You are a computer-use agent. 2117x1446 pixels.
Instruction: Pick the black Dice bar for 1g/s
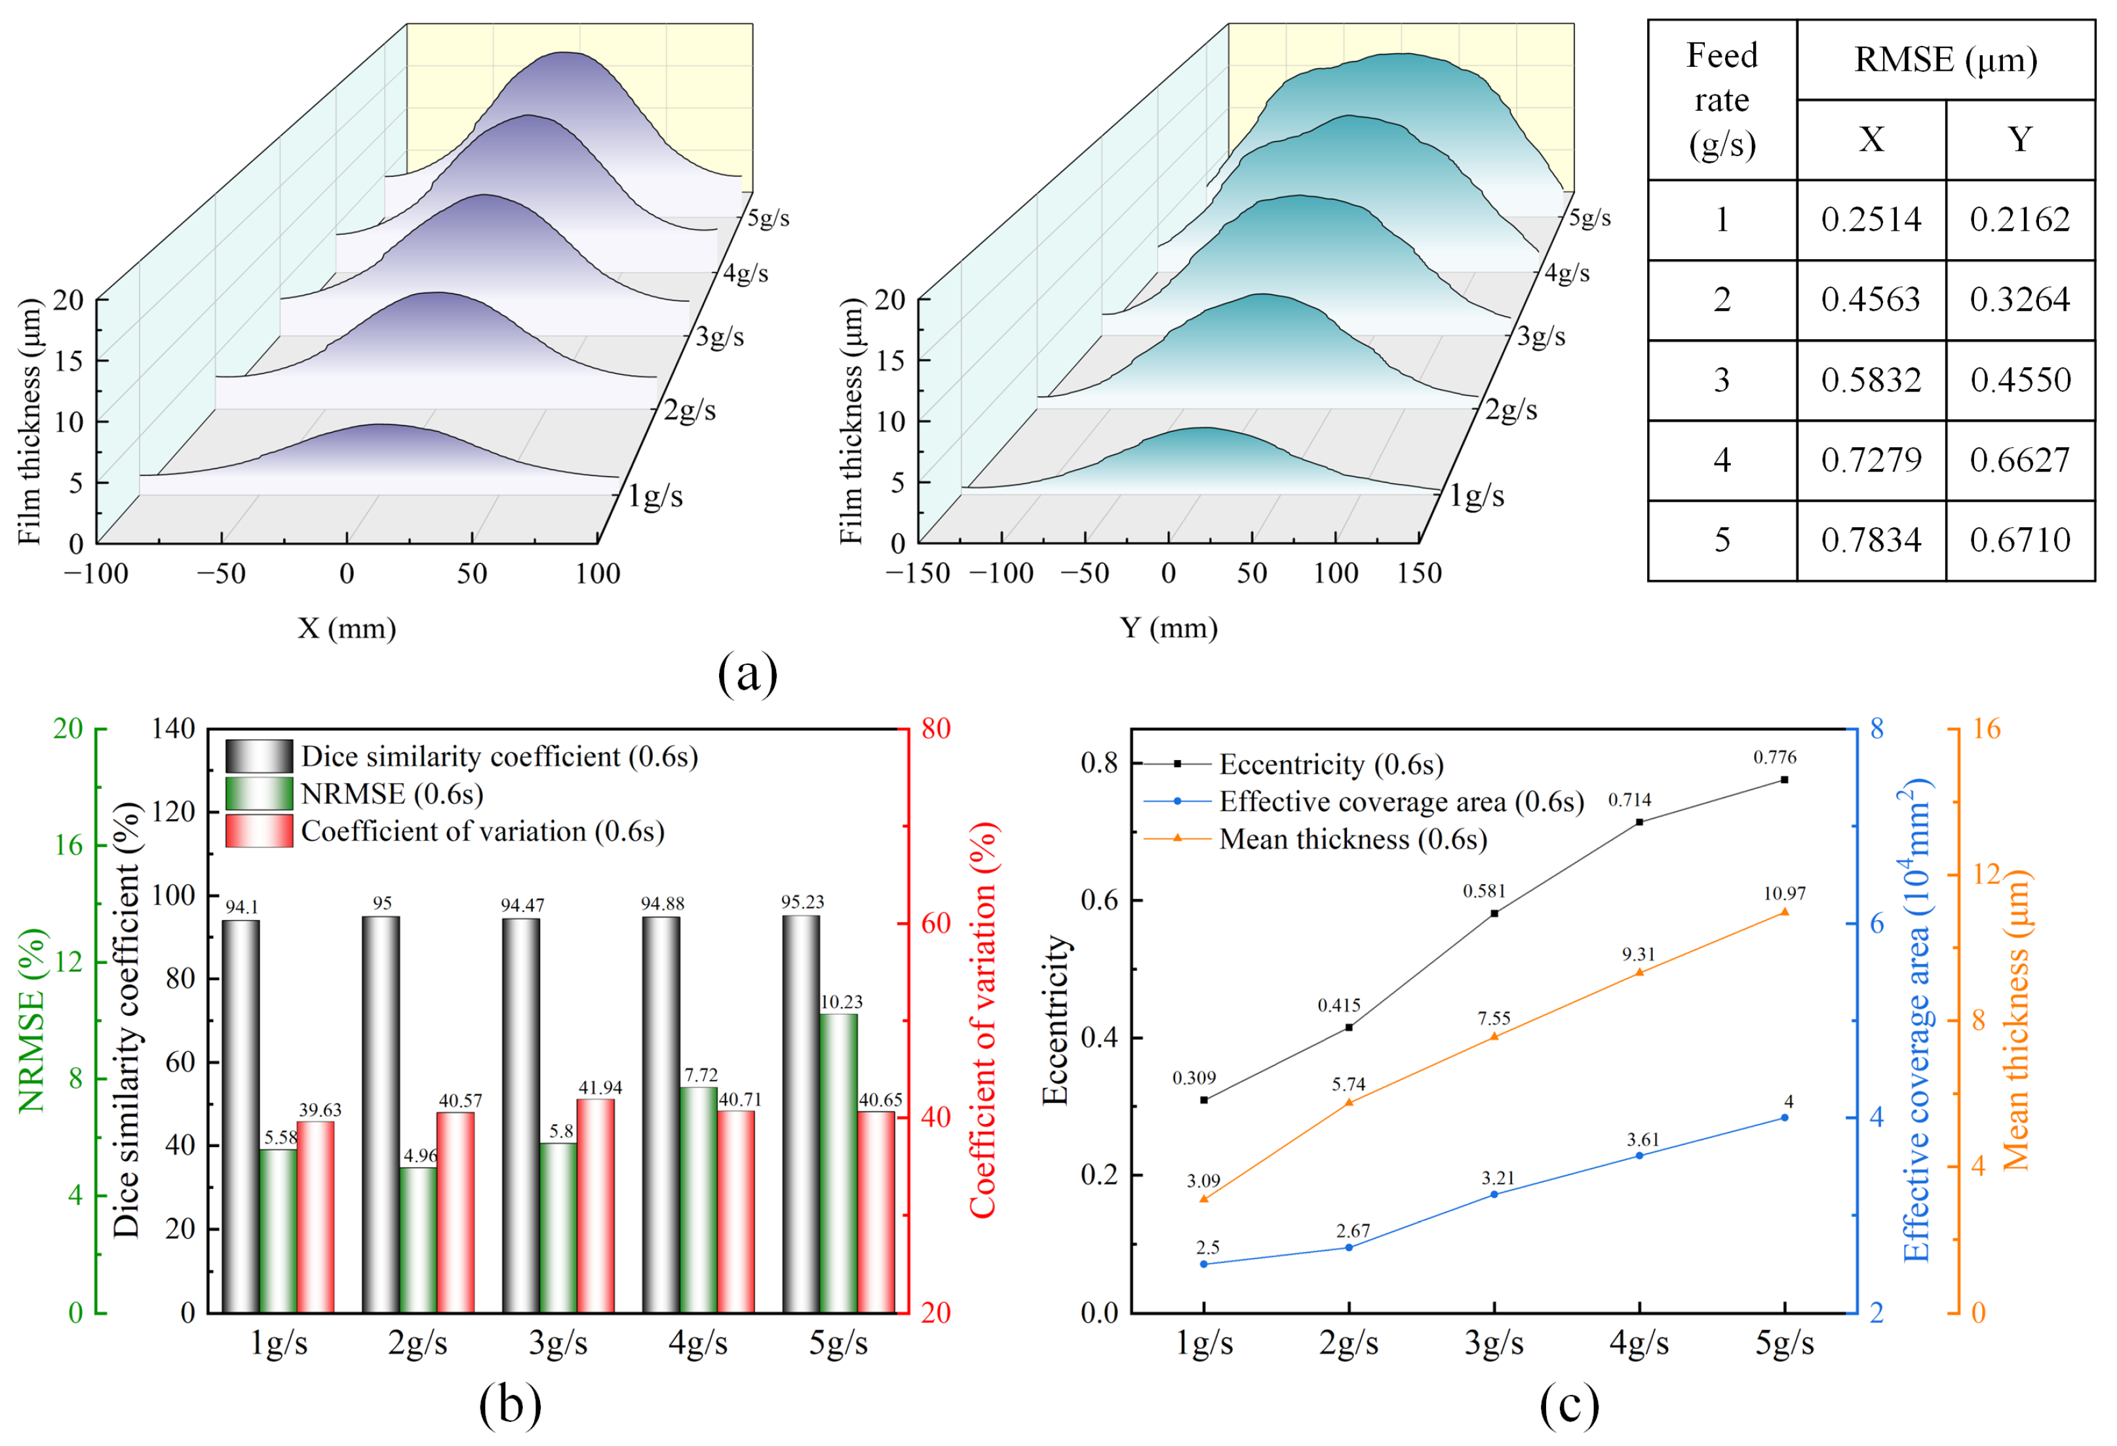tap(241, 1116)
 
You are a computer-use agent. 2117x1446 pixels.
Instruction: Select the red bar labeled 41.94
tap(595, 1205)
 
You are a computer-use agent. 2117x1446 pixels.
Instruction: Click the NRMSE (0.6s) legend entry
tap(355, 793)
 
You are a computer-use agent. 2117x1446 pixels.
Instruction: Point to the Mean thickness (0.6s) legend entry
tap(1315, 838)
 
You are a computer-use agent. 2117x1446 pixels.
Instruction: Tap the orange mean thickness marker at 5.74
tap(1349, 1102)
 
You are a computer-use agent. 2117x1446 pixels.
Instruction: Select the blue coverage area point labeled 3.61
tap(1640, 1155)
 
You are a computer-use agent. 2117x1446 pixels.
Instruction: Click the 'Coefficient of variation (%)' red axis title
tap(984, 1020)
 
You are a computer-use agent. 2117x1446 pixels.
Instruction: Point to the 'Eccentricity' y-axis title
tap(1055, 1020)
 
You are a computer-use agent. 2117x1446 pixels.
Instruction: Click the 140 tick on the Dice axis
tap(174, 728)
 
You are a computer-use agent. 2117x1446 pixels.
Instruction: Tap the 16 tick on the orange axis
tap(1988, 728)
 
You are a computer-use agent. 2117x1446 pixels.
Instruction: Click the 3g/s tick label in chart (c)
tap(1494, 1344)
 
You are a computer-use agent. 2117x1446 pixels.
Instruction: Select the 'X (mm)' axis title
tap(347, 628)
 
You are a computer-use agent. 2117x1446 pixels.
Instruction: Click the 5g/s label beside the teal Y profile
tap(1589, 218)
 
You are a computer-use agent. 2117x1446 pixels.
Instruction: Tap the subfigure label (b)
tap(510, 1404)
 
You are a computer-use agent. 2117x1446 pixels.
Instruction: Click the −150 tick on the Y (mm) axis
tap(918, 574)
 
